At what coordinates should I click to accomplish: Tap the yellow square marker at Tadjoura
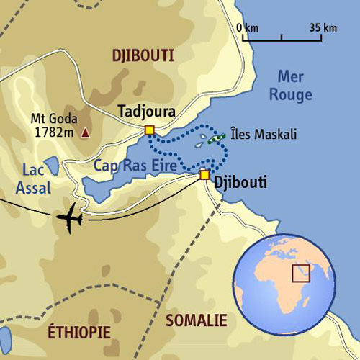150,130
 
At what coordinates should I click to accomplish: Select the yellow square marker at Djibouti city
204,174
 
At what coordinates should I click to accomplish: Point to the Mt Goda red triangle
86,132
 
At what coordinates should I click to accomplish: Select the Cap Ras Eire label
135,165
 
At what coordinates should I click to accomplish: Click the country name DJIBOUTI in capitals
143,55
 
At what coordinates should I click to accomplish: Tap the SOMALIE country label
196,320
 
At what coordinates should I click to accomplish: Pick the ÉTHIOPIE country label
79,332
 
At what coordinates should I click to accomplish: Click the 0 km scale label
247,28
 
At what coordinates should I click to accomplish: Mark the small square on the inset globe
300,274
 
